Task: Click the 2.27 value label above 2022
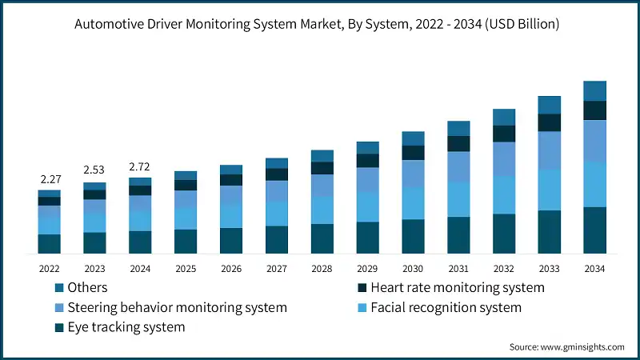tap(49, 180)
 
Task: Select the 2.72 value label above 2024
tap(140, 167)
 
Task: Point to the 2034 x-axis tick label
tap(594, 269)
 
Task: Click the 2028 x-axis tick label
tap(322, 269)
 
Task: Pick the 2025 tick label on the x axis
tap(186, 269)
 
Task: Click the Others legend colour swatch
tap(59, 287)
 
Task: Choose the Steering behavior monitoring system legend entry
tap(178, 307)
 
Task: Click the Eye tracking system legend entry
tap(126, 327)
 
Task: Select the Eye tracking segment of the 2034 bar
tap(594, 230)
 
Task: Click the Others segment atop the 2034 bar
tap(594, 90)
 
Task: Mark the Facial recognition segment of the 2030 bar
tap(413, 203)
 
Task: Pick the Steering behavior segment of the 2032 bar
tap(503, 158)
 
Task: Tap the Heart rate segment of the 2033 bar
tap(549, 122)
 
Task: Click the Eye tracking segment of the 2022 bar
tap(49, 244)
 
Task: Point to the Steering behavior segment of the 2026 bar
tap(231, 195)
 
